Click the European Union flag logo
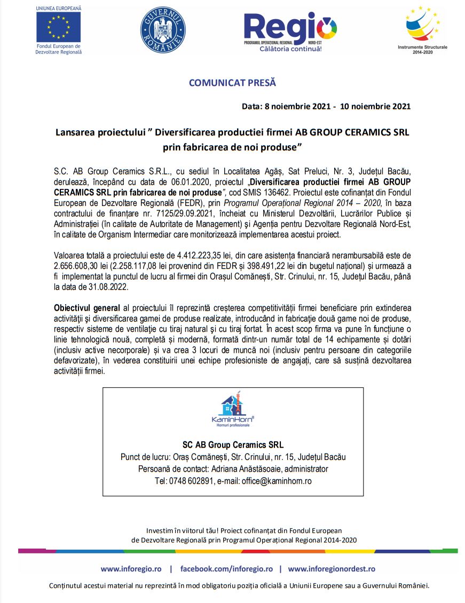58,27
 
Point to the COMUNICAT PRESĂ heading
232,83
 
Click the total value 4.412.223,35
193,254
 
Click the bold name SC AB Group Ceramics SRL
233,445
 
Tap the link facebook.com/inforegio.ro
226,569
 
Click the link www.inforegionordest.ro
332,569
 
